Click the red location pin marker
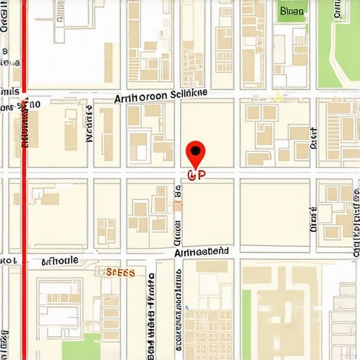(x=196, y=151)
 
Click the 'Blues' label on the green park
(x=292, y=11)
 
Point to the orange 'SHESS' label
(x=120, y=271)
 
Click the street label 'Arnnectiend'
(x=201, y=251)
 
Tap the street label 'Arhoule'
(x=60, y=261)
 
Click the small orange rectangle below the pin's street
(x=178, y=205)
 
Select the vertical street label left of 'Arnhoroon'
(x=89, y=124)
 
